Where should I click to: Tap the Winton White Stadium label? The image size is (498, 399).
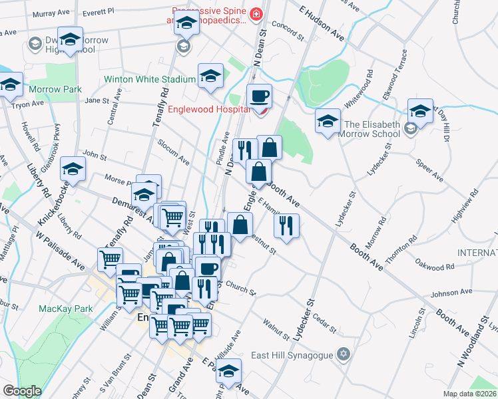(150, 80)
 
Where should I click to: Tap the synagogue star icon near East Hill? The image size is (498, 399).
(343, 354)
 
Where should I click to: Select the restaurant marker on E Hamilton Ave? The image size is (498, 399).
(286, 225)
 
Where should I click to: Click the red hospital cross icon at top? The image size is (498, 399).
(256, 13)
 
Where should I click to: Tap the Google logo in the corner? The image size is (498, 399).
(21, 391)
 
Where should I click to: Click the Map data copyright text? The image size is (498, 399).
(470, 394)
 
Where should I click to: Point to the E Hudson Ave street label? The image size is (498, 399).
(322, 25)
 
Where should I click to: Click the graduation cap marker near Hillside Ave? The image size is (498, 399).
(228, 372)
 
